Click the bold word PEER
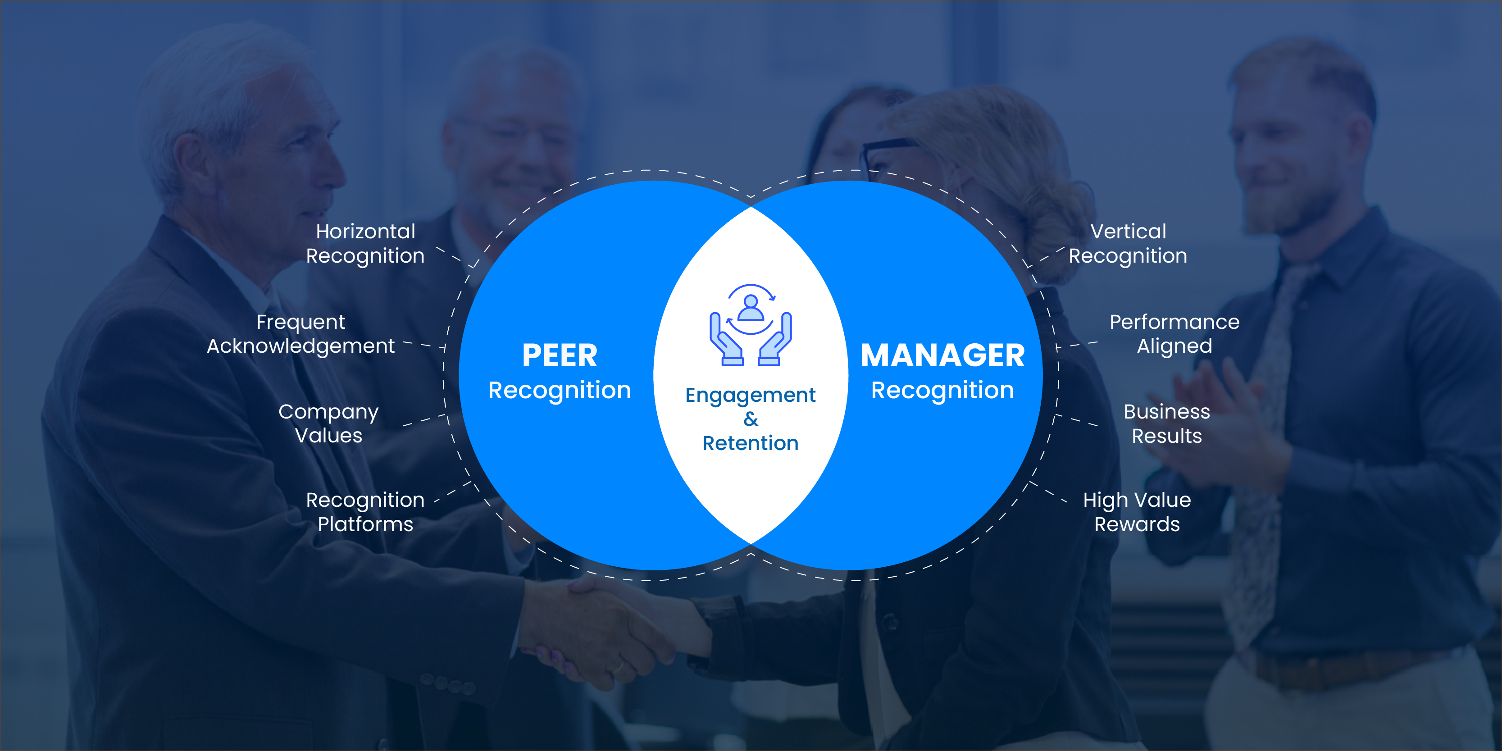point(560,355)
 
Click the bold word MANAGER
point(942,355)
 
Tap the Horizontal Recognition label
point(365,244)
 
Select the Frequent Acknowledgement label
point(301,334)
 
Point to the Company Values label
point(328,424)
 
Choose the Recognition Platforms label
point(365,512)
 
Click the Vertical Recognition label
point(1128,244)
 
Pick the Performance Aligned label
point(1174,334)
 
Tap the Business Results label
point(1167,424)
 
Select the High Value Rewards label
point(1137,512)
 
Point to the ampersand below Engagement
point(751,419)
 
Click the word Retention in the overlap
point(751,443)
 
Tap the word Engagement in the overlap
point(751,396)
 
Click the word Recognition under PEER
point(560,390)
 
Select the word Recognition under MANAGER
point(942,390)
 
